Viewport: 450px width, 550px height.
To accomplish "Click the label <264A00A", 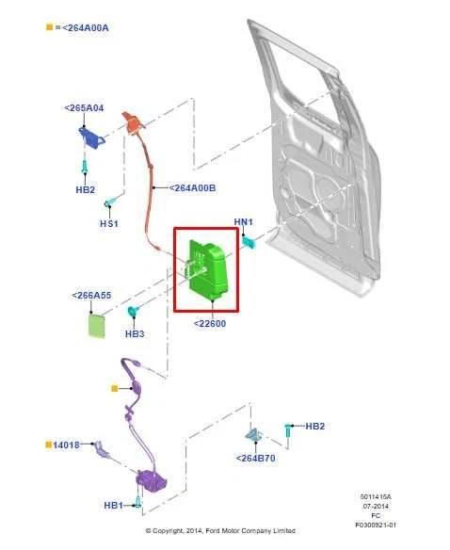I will pos(85,27).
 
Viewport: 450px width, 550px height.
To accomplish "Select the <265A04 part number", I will pos(84,108).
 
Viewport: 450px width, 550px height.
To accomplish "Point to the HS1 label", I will pos(109,224).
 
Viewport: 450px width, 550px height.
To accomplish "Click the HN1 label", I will pos(243,222).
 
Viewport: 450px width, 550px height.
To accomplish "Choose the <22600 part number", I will pos(209,324).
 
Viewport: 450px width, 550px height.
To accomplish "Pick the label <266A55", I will pos(91,296).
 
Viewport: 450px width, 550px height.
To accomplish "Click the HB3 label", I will pos(135,333).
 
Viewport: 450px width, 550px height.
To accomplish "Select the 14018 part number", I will pos(67,444).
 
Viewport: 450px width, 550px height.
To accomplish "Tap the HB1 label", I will pos(113,506).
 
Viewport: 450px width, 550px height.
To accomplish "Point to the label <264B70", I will pos(255,459).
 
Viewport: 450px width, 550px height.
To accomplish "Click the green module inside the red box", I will pos(209,268).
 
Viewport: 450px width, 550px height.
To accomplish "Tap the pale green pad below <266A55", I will pos(96,325).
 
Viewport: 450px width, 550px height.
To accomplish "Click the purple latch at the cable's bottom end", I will pos(150,481).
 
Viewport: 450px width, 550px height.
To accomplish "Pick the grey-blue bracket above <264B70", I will pos(253,434).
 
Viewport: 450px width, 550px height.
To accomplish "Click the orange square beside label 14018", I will pos(47,444).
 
